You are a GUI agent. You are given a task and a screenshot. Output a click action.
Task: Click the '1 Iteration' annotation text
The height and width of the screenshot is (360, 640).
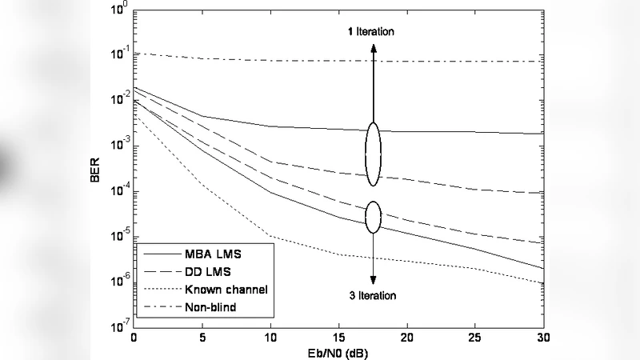tap(372, 31)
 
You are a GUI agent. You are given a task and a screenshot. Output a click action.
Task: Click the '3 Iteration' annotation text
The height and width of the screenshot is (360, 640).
tap(372, 296)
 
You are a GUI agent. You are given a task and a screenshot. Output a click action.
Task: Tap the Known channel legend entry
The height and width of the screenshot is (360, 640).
tap(225, 289)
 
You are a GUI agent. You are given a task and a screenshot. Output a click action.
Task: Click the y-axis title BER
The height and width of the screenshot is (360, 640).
tap(95, 170)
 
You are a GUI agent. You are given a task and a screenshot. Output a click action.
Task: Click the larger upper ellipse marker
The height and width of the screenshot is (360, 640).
tap(373, 154)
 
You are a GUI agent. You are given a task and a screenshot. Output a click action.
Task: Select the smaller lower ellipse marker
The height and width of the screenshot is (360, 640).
tap(373, 216)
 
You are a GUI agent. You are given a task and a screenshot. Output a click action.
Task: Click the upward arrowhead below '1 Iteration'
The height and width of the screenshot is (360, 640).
tap(373, 47)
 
